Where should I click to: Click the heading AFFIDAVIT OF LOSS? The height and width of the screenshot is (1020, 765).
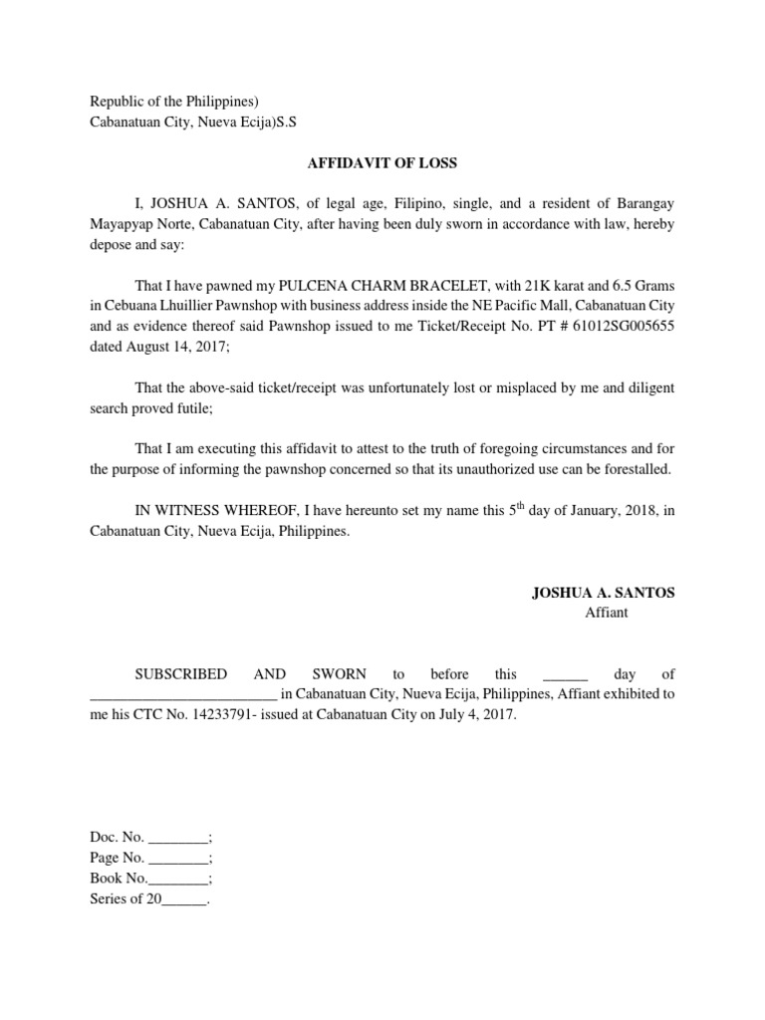(382, 163)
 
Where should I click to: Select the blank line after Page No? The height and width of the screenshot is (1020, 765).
(179, 858)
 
